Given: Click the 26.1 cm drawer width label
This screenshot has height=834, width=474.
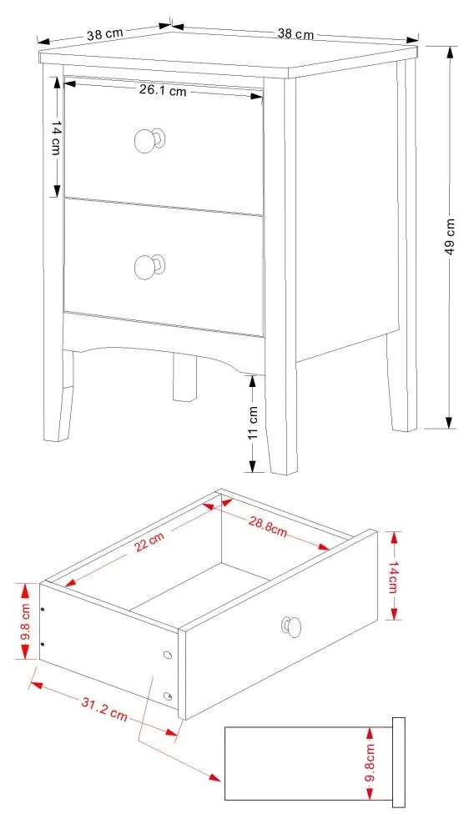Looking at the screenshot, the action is coord(163,90).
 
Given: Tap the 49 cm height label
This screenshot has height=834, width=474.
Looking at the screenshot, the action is coord(450,236).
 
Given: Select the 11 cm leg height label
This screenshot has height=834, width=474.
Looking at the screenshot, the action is coord(253,422).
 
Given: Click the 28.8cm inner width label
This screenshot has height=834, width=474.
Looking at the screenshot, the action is coord(268,526).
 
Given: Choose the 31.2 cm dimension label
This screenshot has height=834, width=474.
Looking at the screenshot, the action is coord(104,708).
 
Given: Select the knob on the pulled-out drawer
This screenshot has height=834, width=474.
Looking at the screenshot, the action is coord(291,626).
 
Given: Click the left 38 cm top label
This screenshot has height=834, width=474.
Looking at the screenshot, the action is coord(105,34).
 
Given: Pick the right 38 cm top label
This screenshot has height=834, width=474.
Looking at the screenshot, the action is coord(295,33).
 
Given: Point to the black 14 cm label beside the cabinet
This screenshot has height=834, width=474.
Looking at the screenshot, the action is coord(56,138).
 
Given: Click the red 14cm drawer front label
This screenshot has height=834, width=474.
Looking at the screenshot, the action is coord(393,576).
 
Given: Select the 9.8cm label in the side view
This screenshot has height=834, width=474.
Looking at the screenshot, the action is coord(371,764).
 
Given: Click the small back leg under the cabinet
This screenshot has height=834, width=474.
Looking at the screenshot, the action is coord(184,378).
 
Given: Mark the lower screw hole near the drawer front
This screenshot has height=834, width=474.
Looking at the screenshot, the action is coord(168,696).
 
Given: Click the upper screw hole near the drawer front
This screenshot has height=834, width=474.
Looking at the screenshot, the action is coord(168,655).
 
